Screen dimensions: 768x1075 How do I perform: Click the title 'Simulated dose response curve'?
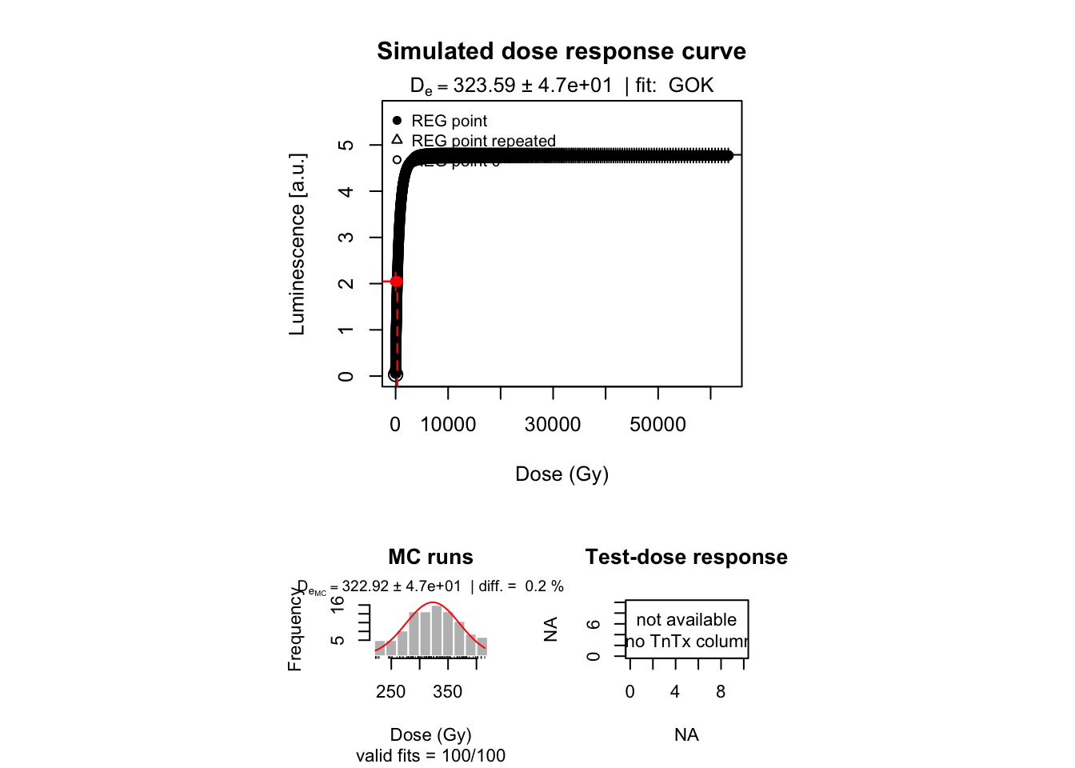pos(561,51)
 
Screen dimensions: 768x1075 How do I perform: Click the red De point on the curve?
pos(396,281)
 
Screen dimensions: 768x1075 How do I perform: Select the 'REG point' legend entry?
pos(449,121)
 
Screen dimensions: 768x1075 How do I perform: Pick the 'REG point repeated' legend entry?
pos(482,141)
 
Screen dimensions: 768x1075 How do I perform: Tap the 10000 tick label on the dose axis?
pos(448,425)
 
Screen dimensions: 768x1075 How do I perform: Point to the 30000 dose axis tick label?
pos(553,425)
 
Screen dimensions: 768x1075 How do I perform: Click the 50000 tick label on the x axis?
pos(657,425)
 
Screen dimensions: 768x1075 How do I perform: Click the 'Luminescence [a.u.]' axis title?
pos(297,244)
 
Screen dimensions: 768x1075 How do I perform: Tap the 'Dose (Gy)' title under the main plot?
pos(561,474)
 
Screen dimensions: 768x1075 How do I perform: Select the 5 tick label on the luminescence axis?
pos(346,145)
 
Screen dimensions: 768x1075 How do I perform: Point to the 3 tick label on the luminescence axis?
pos(346,238)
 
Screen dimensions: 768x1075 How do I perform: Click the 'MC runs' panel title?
pos(430,557)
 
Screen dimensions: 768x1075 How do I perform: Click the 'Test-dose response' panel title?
pos(686,557)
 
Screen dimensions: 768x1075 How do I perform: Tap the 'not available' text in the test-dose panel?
pos(686,620)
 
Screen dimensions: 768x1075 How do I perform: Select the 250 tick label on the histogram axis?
pos(390,692)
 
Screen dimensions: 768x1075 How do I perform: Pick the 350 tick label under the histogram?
pos(447,692)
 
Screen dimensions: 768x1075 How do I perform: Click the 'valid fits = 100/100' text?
pos(430,755)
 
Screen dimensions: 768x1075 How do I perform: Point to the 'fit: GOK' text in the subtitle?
pos(674,86)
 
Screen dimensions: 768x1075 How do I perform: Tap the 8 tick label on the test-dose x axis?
pos(721,692)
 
